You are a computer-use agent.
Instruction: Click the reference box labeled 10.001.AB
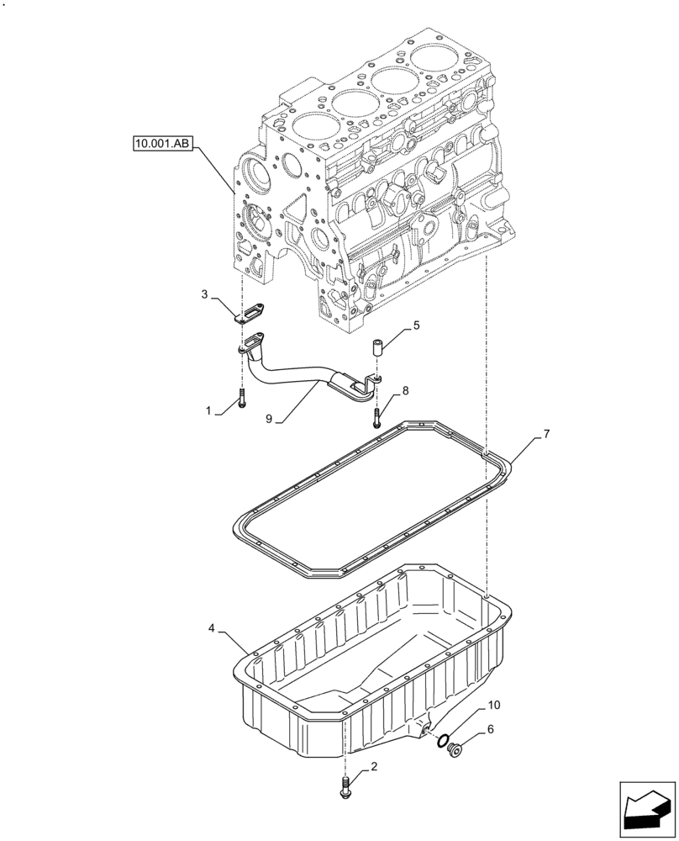pyautogui.click(x=163, y=145)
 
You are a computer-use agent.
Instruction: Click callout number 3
pyautogui.click(x=203, y=294)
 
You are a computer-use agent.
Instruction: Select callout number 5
pyautogui.click(x=415, y=324)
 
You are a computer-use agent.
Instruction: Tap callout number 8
pyautogui.click(x=405, y=390)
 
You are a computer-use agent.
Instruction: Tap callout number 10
pyautogui.click(x=493, y=703)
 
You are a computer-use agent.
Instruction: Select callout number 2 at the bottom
pyautogui.click(x=374, y=767)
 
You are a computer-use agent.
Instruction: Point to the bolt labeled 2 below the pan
pyautogui.click(x=345, y=789)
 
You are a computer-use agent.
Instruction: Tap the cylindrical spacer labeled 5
pyautogui.click(x=378, y=346)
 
